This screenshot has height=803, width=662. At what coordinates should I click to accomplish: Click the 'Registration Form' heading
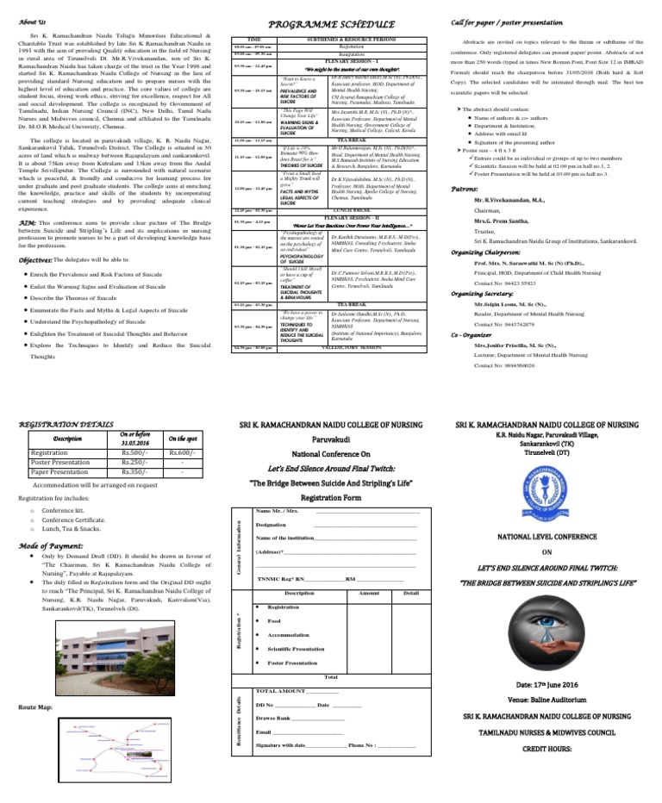point(331,497)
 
